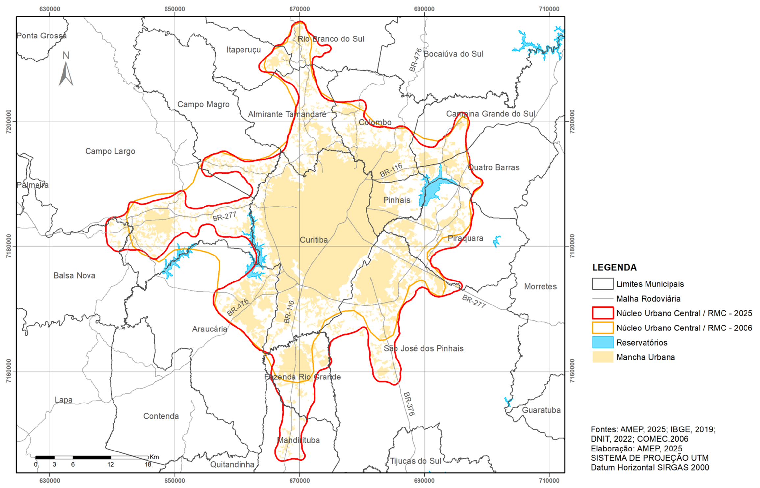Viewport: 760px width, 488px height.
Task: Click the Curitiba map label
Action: coord(314,240)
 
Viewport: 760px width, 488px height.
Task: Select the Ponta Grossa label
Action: coord(41,36)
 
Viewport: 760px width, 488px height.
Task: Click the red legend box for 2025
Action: coord(602,313)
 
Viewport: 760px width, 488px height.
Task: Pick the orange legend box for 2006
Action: coord(602,328)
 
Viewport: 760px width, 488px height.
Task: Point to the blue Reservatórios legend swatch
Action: coord(602,342)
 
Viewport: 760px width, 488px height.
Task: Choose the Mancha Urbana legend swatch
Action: coord(602,357)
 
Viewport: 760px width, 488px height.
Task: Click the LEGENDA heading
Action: coord(614,267)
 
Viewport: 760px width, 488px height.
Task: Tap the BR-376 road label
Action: coord(409,404)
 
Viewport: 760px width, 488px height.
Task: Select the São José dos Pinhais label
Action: coord(423,348)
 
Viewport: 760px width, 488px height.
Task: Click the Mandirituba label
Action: coord(298,440)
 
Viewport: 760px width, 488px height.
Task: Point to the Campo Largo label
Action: coord(110,151)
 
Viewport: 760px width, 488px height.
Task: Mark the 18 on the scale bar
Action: coord(148,465)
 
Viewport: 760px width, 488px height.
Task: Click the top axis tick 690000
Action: coord(424,9)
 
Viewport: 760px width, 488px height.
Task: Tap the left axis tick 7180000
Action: coord(9,246)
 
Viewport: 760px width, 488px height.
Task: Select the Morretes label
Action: coord(540,287)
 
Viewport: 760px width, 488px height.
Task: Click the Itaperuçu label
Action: coord(243,50)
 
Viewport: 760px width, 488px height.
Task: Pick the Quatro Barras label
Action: coord(494,167)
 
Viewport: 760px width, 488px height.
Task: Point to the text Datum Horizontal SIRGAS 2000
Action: coord(650,467)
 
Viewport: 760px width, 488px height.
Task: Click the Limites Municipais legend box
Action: coord(602,284)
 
